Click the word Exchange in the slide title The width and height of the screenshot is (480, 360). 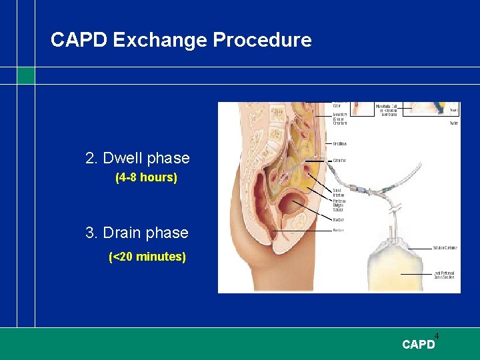click(x=160, y=40)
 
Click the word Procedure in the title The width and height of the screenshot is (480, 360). click(x=262, y=40)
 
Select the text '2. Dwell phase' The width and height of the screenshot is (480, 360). click(x=137, y=159)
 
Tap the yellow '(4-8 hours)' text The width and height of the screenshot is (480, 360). click(x=146, y=178)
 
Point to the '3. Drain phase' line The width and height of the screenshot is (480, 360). click(x=137, y=233)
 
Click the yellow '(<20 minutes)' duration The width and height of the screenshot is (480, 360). click(x=147, y=257)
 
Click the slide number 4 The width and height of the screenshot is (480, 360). click(x=437, y=335)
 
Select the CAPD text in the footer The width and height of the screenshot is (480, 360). click(x=418, y=345)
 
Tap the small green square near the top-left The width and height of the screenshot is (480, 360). click(x=26, y=75)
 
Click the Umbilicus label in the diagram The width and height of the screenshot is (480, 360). click(x=339, y=143)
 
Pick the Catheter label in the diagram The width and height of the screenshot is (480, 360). click(x=339, y=160)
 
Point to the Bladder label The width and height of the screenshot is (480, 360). click(x=339, y=219)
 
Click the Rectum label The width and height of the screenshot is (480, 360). click(x=338, y=231)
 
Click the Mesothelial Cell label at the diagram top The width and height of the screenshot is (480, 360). click(x=387, y=110)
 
